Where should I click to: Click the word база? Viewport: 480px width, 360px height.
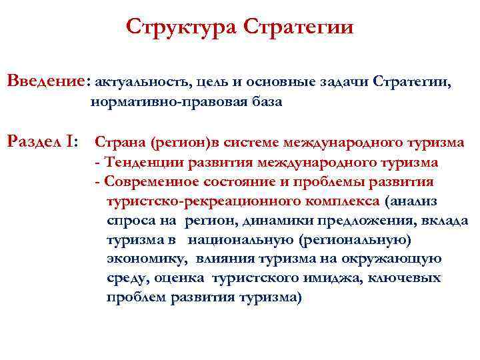[263, 103]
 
